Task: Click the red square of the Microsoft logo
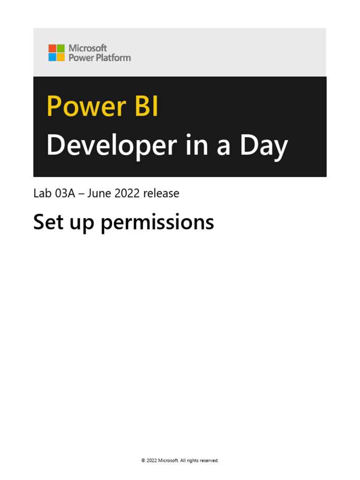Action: pyautogui.click(x=52, y=48)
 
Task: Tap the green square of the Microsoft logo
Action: pyautogui.click(x=60, y=48)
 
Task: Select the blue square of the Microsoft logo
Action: pyautogui.click(x=52, y=57)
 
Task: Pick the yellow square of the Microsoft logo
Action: pyautogui.click(x=60, y=57)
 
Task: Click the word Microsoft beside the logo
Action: pyautogui.click(x=88, y=48)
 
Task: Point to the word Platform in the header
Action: pyautogui.click(x=113, y=58)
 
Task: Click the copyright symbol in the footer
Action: pyautogui.click(x=143, y=461)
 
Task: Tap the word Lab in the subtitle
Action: pyautogui.click(x=41, y=193)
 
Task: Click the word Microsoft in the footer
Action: pyautogui.click(x=168, y=461)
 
